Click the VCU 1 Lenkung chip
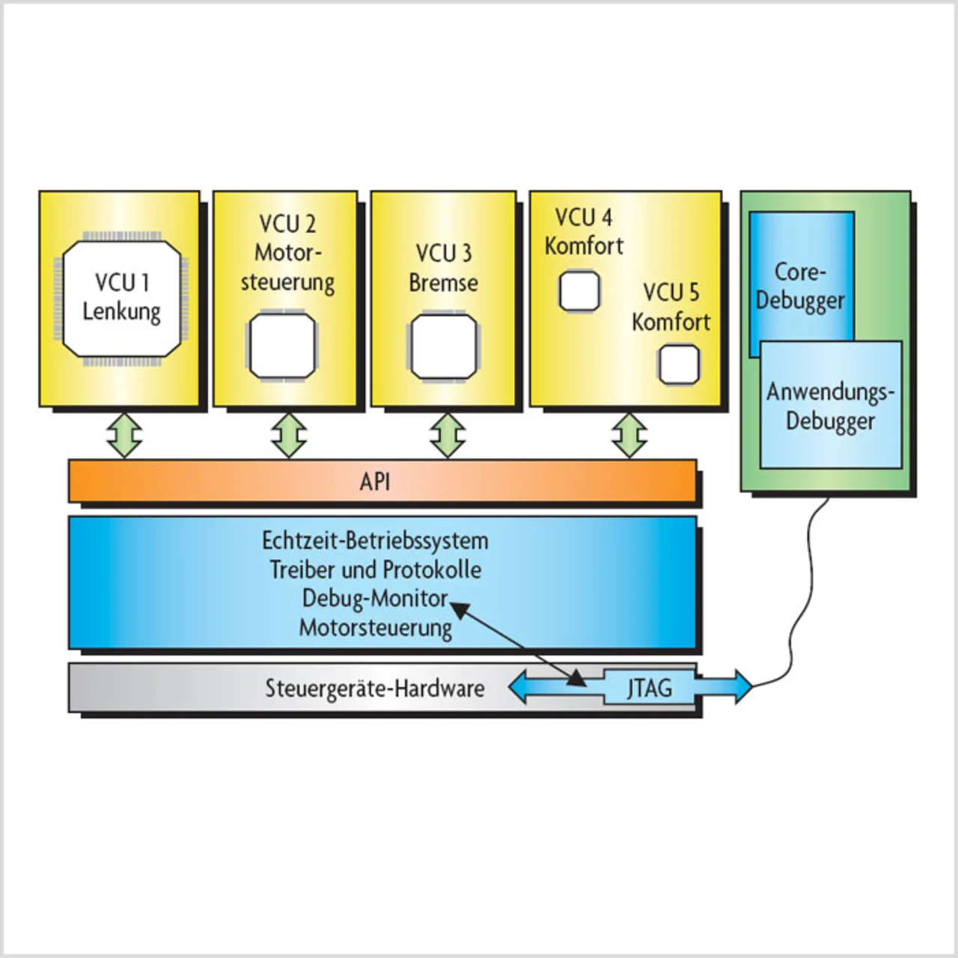pyautogui.click(x=121, y=299)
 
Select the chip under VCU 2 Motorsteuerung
pyautogui.click(x=282, y=346)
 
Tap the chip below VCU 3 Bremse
pyautogui.click(x=443, y=347)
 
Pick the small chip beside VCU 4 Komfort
pyautogui.click(x=579, y=291)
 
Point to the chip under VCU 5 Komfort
pyautogui.click(x=679, y=364)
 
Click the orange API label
pyautogui.click(x=375, y=481)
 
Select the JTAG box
pyautogui.click(x=649, y=687)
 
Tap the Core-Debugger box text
pyautogui.click(x=800, y=286)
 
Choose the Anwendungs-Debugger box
pyautogui.click(x=831, y=406)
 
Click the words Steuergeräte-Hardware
pyautogui.click(x=375, y=688)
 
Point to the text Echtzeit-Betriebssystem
pyautogui.click(x=375, y=540)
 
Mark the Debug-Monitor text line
pyautogui.click(x=375, y=599)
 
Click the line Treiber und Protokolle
pyautogui.click(x=375, y=570)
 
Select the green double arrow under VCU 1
pyautogui.click(x=124, y=434)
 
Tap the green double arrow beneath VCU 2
pyautogui.click(x=288, y=434)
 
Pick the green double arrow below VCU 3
pyautogui.click(x=448, y=434)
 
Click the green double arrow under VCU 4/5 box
pyautogui.click(x=629, y=434)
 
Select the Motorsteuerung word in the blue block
pyautogui.click(x=375, y=628)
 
